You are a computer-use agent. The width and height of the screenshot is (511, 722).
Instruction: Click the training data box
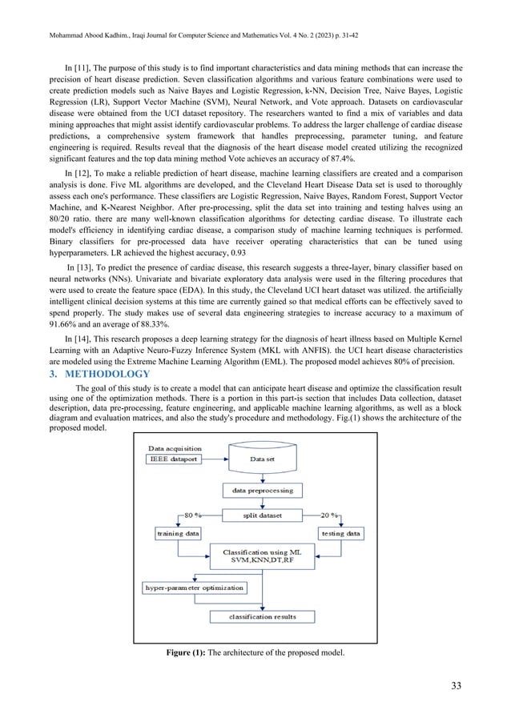tap(178, 531)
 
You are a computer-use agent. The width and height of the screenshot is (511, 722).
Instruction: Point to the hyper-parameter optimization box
tap(194, 588)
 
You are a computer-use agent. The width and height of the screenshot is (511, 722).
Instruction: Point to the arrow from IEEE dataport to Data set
tap(216, 460)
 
